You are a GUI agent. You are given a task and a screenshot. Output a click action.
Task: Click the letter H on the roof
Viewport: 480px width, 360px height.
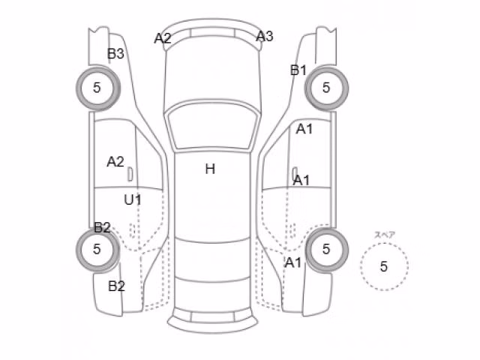pos(210,169)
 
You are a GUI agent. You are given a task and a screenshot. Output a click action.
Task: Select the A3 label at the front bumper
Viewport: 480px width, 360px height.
pos(264,37)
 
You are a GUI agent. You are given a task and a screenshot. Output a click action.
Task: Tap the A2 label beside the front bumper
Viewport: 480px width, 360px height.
pos(163,38)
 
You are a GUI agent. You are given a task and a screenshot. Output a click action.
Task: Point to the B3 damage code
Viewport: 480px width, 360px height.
pos(115,54)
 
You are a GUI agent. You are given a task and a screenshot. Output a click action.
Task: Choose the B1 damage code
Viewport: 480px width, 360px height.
pos(298,70)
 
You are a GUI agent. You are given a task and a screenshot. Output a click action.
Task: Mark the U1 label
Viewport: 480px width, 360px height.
pos(133,200)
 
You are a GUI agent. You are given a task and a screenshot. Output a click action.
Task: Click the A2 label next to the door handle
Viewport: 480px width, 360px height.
pos(115,162)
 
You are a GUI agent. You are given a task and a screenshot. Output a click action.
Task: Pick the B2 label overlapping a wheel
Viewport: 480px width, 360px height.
pos(102,228)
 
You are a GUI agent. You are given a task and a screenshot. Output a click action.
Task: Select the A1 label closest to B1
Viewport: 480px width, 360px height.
pos(304,129)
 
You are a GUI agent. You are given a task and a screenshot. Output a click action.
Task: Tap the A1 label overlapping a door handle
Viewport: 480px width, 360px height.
pos(301,181)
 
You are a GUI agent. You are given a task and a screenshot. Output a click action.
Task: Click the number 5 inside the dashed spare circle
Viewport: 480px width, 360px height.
pos(384,267)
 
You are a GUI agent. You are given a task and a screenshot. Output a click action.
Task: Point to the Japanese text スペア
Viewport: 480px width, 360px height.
pos(385,235)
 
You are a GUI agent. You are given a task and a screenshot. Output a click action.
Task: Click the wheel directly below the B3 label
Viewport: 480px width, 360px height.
pos(98,88)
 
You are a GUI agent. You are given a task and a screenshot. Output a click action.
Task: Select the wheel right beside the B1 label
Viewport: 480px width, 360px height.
pos(326,88)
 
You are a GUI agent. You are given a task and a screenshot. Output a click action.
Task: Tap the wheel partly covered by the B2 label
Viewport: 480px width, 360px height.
pos(98,250)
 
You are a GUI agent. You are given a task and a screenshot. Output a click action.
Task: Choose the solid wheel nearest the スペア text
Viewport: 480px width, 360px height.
pos(326,250)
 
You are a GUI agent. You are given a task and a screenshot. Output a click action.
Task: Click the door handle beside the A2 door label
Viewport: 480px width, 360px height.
pos(130,174)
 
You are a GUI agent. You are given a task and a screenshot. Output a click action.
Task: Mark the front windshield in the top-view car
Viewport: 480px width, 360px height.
pos(211,126)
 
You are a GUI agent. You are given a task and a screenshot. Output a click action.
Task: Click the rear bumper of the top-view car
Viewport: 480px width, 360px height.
pos(212,322)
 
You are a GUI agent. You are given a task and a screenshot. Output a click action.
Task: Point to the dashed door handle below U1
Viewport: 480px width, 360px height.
pos(132,230)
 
